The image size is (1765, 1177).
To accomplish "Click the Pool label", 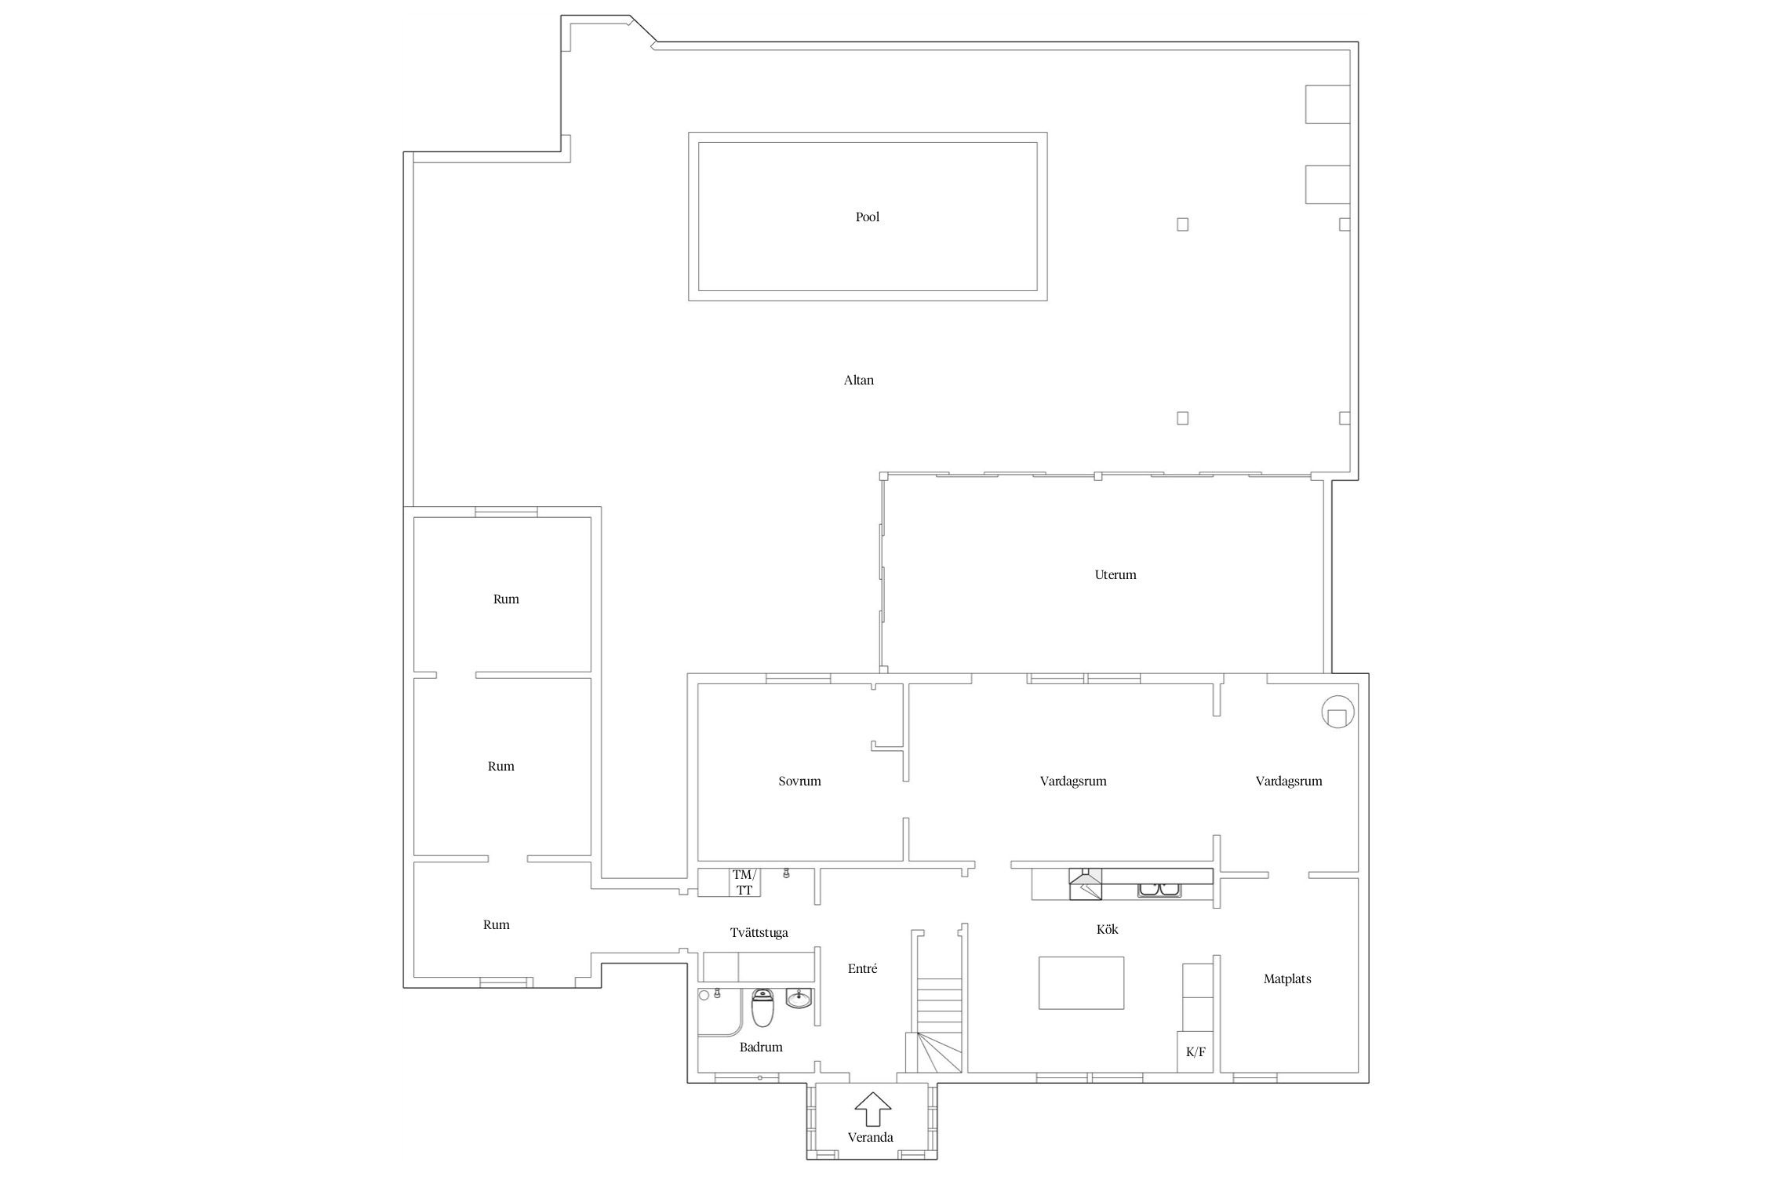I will click(x=867, y=217).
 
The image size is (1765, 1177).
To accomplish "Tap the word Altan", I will click(x=858, y=381).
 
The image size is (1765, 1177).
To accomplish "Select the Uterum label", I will click(x=1115, y=575).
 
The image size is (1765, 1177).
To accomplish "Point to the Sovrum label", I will click(x=799, y=782).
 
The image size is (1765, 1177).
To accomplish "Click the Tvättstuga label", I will click(x=759, y=933).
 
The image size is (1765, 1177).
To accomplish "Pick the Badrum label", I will click(x=761, y=1048).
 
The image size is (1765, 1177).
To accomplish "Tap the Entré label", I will click(x=862, y=969).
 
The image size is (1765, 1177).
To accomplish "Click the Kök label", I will click(x=1107, y=930).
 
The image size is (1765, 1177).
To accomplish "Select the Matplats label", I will click(x=1286, y=979).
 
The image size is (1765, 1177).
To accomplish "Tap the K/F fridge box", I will click(x=1195, y=1052).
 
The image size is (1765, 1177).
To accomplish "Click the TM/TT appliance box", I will click(x=744, y=883).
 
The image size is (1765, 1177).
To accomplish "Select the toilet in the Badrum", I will click(x=762, y=1008).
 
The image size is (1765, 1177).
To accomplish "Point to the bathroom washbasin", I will click(x=799, y=999).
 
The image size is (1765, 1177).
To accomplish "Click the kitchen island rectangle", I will click(x=1081, y=982).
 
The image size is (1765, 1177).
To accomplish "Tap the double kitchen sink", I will click(x=1159, y=890).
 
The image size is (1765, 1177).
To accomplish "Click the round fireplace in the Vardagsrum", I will click(x=1337, y=712).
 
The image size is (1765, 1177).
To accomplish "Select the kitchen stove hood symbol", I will click(x=1085, y=884).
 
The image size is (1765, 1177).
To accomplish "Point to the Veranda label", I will click(x=870, y=1138).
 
